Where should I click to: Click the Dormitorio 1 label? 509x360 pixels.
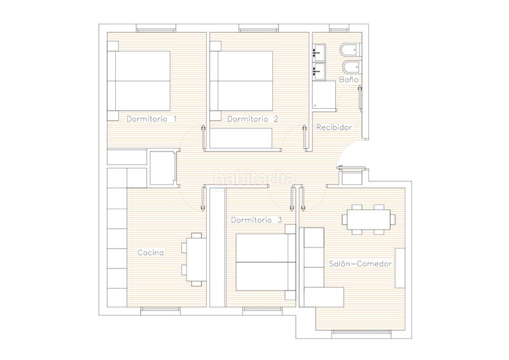pos(151,119)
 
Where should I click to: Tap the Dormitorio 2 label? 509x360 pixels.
pos(253,119)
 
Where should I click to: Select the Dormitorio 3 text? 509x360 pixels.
pos(256,220)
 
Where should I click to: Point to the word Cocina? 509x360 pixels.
pos(151,253)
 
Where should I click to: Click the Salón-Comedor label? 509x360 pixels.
pos(360,263)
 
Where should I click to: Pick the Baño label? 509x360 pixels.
pos(349,80)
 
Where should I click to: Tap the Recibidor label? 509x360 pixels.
pos(334,127)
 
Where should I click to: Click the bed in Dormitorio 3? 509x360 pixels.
pos(265,262)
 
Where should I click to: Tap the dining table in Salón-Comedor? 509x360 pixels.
pos(368,219)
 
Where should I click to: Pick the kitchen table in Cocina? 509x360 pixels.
pos(194,260)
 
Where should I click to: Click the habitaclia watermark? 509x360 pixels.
pos(254,179)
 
